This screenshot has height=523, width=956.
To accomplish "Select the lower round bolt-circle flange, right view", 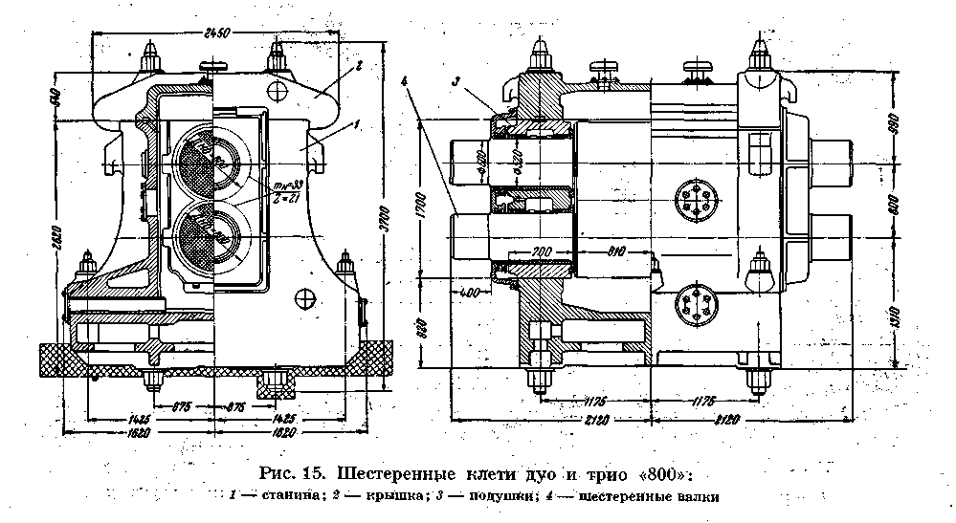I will click(x=690, y=307).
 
